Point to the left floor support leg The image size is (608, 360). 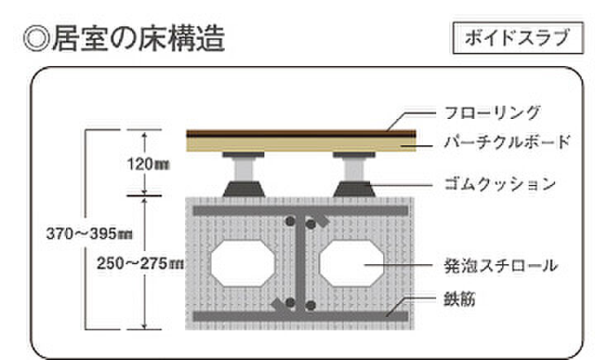click(x=244, y=168)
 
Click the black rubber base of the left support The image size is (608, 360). click(x=244, y=189)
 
